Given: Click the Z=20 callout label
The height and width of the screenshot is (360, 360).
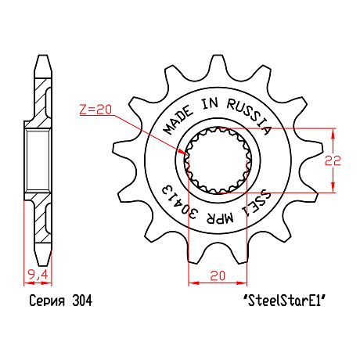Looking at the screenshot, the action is tap(95, 110).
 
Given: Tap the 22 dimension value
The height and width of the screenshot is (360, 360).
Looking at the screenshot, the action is tap(333, 160).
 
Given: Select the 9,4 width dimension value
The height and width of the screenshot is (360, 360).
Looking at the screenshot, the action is tap(38, 275).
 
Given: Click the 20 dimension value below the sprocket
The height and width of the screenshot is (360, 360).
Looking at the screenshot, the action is tap(218, 275).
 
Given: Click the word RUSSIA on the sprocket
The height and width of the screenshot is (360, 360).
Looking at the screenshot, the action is tap(249, 116).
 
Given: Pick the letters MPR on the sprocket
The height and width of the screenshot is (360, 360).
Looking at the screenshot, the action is tap(220, 218).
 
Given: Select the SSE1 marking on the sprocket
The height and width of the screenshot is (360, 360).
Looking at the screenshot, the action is tap(256, 204).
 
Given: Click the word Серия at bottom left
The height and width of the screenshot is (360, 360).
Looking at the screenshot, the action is tap(47, 301).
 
